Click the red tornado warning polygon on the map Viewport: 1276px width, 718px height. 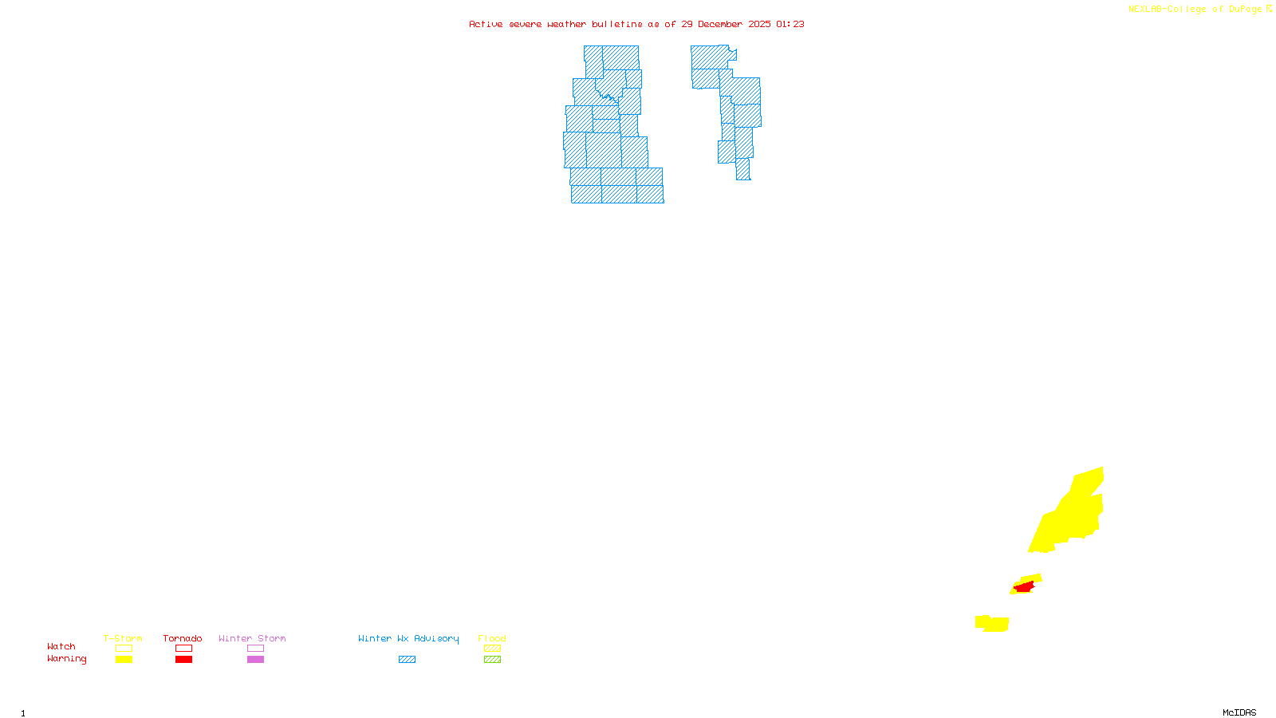[1024, 587]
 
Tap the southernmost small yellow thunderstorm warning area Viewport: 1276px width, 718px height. [992, 623]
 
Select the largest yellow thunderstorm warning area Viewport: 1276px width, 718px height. [1073, 514]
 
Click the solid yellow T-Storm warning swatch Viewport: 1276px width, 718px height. [124, 659]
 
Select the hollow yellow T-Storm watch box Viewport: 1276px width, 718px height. [124, 649]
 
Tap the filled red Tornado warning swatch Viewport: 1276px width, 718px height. [183, 659]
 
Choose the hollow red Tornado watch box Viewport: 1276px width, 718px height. [183, 649]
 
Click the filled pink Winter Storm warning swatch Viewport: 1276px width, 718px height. [255, 659]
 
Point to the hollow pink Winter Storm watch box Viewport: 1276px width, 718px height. [255, 649]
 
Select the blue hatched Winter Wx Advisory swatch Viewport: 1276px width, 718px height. [407, 659]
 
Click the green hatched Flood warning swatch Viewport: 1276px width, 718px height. [492, 659]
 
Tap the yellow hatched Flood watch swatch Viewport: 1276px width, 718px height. [492, 649]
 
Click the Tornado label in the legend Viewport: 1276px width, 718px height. [183, 638]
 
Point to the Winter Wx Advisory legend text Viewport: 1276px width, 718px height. [408, 638]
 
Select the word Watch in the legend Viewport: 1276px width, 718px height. [61, 646]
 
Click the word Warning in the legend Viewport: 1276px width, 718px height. [67, 659]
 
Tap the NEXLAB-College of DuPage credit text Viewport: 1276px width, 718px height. [1195, 10]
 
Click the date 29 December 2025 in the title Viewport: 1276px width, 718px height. [726, 24]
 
